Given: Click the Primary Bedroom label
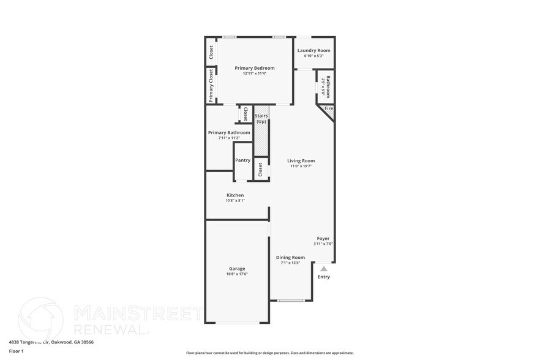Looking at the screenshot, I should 255,68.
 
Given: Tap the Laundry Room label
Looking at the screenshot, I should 313,50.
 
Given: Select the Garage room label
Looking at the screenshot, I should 237,268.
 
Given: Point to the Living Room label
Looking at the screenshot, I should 301,160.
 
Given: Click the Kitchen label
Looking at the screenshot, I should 235,195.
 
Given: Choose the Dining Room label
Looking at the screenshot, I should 290,257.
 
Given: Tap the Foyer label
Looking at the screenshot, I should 323,238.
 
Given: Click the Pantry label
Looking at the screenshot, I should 242,160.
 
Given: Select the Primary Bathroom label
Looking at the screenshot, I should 229,132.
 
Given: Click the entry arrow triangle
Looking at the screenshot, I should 324,268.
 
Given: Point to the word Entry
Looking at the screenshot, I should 324,277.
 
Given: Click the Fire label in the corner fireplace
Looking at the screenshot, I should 329,108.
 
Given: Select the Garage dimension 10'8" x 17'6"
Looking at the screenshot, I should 237,274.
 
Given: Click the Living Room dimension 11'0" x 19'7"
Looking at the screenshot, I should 301,166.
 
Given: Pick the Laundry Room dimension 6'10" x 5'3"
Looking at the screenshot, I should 313,56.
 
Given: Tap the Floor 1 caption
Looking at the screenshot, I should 16,351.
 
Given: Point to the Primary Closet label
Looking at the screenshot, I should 211,85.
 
